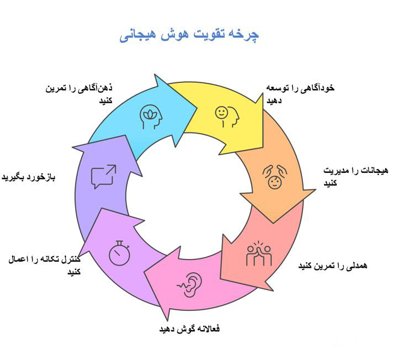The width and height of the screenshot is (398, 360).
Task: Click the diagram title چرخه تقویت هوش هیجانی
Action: pyautogui.click(x=189, y=35)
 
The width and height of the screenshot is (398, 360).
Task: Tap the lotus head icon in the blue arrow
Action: pyautogui.click(x=151, y=117)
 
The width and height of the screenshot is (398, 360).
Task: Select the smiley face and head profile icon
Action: pyautogui.click(x=227, y=117)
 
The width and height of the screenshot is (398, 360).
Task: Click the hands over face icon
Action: pyautogui.click(x=274, y=177)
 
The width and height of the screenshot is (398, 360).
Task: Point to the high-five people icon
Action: pyautogui.click(x=259, y=253)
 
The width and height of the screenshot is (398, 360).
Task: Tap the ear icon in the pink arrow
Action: pyautogui.click(x=189, y=284)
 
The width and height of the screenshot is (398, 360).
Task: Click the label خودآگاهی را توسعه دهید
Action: pyautogui.click(x=300, y=94)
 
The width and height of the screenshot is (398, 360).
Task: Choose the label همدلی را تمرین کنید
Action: pyautogui.click(x=332, y=266)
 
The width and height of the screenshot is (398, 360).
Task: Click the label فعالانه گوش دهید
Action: pyautogui.click(x=189, y=329)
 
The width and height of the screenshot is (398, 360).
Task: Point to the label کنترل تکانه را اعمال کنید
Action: pyautogui.click(x=44, y=265)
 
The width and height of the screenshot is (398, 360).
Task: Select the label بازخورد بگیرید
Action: pyautogui.click(x=29, y=177)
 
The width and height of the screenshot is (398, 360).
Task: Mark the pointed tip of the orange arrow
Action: pyautogui.click(x=273, y=223)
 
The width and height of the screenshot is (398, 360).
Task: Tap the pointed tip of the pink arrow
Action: pyautogui.click(x=144, y=272)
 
